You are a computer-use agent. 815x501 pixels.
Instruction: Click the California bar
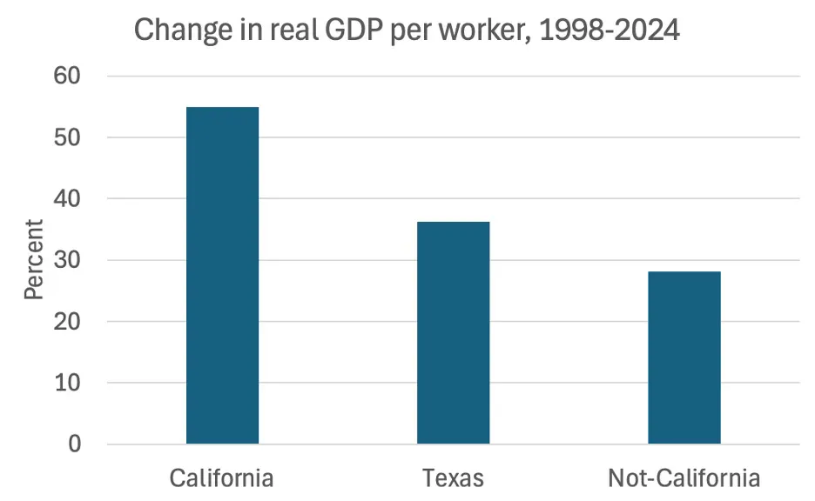(222, 275)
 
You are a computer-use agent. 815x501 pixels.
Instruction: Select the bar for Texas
(454, 333)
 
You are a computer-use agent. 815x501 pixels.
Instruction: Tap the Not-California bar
(684, 357)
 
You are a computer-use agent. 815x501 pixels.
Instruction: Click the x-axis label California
(221, 478)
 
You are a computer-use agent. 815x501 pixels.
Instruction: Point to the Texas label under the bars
(453, 478)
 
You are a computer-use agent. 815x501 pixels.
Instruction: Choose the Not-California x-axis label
(684, 478)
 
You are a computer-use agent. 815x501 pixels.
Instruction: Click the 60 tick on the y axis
(67, 76)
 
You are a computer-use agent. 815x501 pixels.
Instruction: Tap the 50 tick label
(67, 137)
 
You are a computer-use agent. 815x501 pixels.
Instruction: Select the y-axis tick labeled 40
(67, 198)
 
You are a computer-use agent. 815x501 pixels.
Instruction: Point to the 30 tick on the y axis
(67, 259)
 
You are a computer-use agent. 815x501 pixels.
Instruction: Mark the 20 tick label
(67, 321)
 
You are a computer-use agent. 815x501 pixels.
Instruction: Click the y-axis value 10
(67, 383)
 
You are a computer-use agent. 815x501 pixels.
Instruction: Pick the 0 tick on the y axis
(75, 444)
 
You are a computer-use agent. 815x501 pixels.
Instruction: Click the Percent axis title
(33, 259)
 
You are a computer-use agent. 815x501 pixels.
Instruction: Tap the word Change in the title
(184, 30)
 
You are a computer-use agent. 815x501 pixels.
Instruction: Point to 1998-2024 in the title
(610, 30)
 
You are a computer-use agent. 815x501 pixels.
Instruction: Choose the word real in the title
(293, 30)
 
